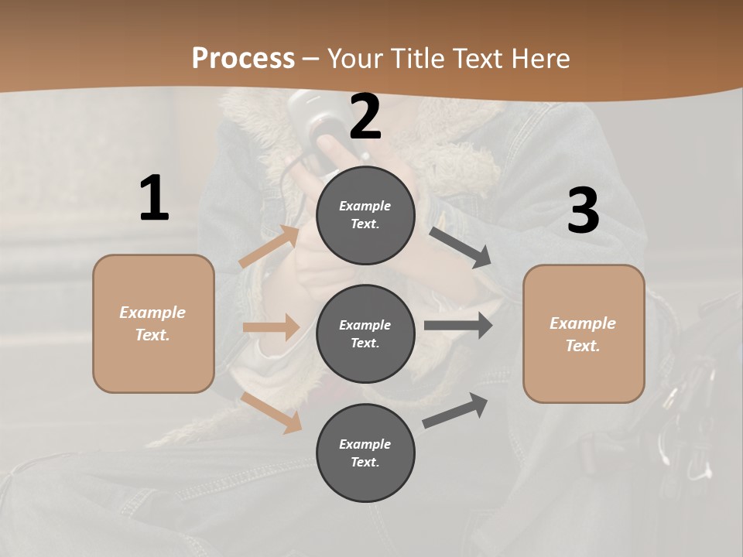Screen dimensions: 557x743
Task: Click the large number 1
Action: pyautogui.click(x=154, y=199)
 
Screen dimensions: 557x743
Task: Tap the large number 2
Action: pyautogui.click(x=365, y=117)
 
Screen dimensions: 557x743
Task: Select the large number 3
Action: pyautogui.click(x=583, y=211)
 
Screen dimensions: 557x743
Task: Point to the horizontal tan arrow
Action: pyautogui.click(x=271, y=327)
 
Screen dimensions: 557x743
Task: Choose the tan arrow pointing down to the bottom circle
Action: pyautogui.click(x=272, y=412)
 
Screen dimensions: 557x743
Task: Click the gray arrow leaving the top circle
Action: pyautogui.click(x=461, y=247)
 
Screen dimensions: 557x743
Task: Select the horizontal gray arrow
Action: pyautogui.click(x=458, y=326)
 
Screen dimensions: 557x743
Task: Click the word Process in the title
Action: pyautogui.click(x=243, y=58)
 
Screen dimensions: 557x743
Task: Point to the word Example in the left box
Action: pyautogui.click(x=152, y=313)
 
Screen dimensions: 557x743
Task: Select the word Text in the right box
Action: pyautogui.click(x=583, y=346)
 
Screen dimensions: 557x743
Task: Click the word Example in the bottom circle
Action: pyautogui.click(x=365, y=444)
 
